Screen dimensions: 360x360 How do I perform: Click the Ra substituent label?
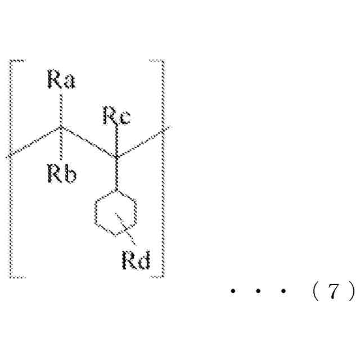click(x=61, y=82)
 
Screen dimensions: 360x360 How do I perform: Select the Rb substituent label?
click(x=61, y=174)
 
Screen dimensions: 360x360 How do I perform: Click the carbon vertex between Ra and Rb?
click(x=62, y=128)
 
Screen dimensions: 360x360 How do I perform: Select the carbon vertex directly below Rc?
click(x=116, y=156)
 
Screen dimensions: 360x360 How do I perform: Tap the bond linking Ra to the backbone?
click(x=62, y=110)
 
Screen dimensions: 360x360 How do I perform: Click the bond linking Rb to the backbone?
click(x=62, y=146)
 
